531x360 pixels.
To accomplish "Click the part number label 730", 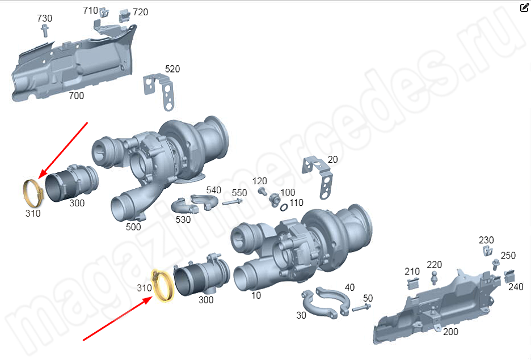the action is pyautogui.click(x=45, y=18).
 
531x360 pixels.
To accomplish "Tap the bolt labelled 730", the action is pyautogui.click(x=44, y=31).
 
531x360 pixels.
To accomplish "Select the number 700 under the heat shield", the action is pyautogui.click(x=76, y=96).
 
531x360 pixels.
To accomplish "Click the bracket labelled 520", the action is pyautogui.click(x=158, y=92).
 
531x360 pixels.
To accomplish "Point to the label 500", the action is pyautogui.click(x=133, y=227).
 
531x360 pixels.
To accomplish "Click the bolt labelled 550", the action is pyautogui.click(x=233, y=202).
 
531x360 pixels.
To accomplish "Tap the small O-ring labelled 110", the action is pyautogui.click(x=284, y=207).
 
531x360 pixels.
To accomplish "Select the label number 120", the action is pyautogui.click(x=259, y=181).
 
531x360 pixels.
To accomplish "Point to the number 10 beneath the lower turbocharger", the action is pyautogui.click(x=256, y=295).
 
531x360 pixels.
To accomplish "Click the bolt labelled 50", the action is pyautogui.click(x=361, y=308).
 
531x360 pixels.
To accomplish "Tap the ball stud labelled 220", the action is pyautogui.click(x=434, y=278).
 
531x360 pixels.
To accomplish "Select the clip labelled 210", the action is pyautogui.click(x=413, y=283).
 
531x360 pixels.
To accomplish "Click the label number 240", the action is pyautogui.click(x=516, y=287).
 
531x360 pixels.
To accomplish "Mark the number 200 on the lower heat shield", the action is pyautogui.click(x=450, y=332).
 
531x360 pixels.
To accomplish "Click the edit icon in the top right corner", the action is pyautogui.click(x=524, y=7).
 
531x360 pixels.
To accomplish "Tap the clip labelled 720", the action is pyautogui.click(x=124, y=15).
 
